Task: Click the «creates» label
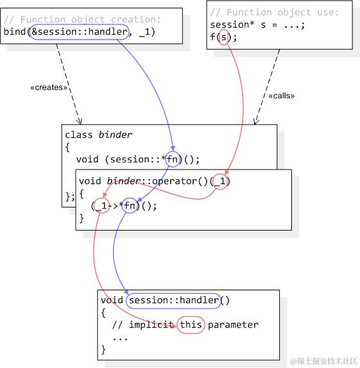click(49, 87)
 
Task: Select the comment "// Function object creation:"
click(82, 19)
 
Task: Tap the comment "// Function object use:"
click(273, 12)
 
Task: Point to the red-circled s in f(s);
click(223, 37)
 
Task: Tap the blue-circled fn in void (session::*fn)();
click(173, 160)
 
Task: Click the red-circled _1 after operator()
click(220, 181)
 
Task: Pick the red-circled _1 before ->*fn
click(99, 206)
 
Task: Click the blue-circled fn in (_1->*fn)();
click(130, 206)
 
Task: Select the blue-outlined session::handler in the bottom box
click(174, 300)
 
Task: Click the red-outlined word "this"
click(191, 324)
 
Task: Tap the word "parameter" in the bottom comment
click(233, 324)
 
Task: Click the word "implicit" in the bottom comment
click(151, 324)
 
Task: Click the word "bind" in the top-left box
click(14, 31)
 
